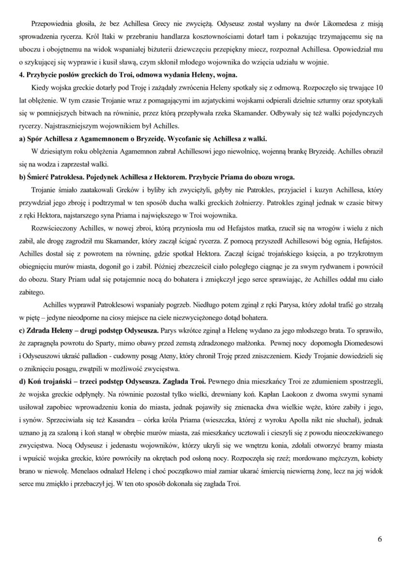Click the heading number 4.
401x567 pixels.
21,75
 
